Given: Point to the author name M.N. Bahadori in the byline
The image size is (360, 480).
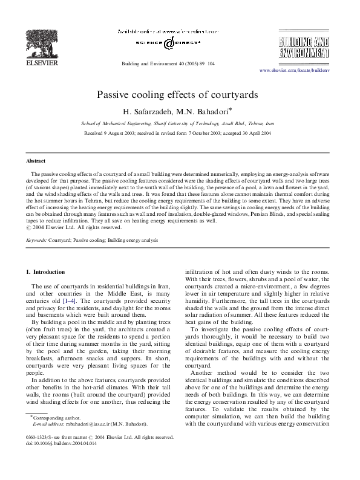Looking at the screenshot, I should [204, 111].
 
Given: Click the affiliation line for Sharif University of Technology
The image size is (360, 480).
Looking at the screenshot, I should [177, 123].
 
